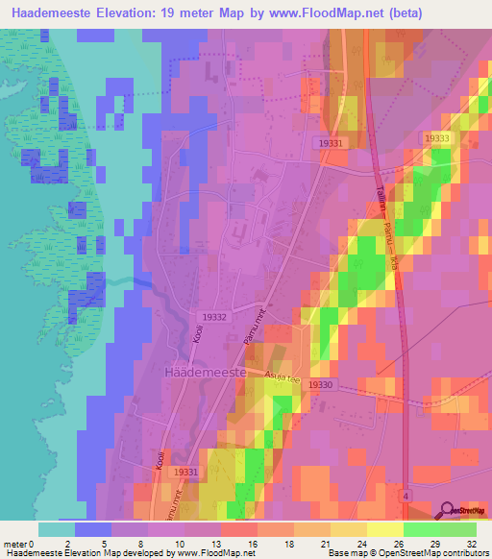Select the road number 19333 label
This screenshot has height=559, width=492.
(437, 139)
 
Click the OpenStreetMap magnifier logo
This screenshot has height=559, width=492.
(449, 511)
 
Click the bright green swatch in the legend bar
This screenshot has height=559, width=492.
(422, 529)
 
